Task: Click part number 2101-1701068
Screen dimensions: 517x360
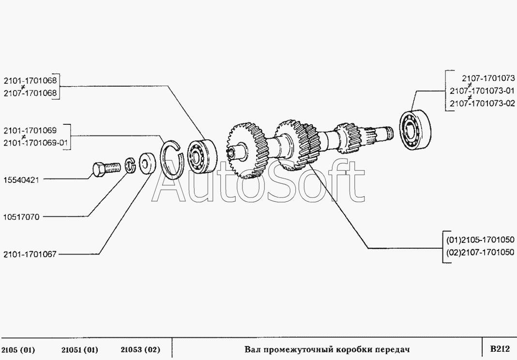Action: [x=30, y=80]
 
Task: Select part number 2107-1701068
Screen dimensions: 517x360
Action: [x=30, y=93]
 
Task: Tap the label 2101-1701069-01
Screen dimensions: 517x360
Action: [x=36, y=143]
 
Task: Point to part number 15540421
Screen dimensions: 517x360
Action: [x=21, y=180]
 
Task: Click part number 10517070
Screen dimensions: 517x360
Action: [x=21, y=217]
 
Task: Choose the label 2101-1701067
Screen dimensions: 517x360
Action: [x=30, y=254]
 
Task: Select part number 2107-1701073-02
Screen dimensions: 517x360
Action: [x=482, y=103]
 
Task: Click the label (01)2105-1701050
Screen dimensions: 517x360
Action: [x=480, y=240]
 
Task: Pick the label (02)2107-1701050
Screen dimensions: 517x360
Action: [x=480, y=253]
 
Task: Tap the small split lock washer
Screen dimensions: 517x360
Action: [x=131, y=165]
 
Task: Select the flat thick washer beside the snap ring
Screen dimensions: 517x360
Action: [x=147, y=163]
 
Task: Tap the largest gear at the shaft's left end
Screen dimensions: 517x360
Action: [x=245, y=150]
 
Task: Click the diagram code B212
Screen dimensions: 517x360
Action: [x=500, y=349]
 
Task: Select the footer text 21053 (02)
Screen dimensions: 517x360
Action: [x=140, y=349]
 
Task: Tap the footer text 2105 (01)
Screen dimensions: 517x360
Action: [x=18, y=349]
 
